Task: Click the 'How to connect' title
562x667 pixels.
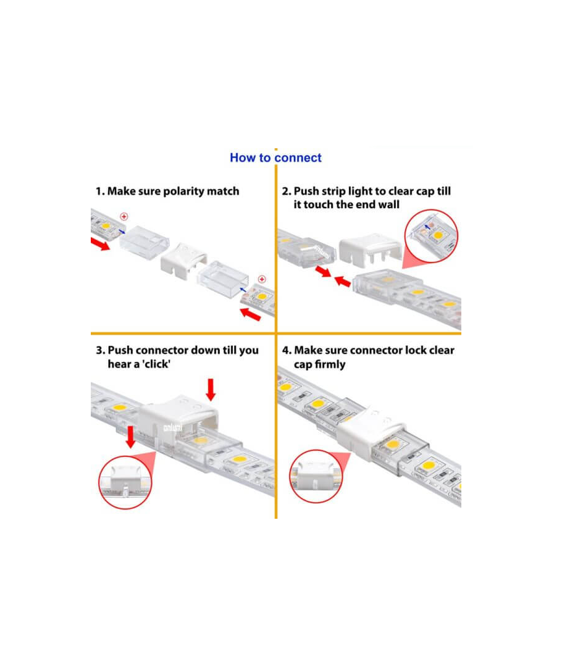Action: pos(275,158)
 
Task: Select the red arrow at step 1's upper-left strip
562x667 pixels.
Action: pos(100,244)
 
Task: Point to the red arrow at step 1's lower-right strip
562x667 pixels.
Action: pos(250,314)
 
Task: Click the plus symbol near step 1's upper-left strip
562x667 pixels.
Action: pos(124,217)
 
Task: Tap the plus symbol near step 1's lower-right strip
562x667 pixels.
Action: pos(262,280)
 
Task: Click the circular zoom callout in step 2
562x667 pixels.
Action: pos(431,236)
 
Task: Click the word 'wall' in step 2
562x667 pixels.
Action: pos(388,204)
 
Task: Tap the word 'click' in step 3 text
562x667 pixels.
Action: pos(156,364)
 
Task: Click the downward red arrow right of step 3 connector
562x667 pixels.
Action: pos(211,390)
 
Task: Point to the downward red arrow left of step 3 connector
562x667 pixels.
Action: pos(130,437)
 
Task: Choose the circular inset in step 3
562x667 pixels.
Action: pos(125,482)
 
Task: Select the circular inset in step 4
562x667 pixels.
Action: pos(316,476)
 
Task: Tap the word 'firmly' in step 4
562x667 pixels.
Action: pos(330,364)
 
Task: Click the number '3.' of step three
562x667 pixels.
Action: pos(101,351)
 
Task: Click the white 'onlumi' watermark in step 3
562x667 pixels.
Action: pos(173,427)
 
